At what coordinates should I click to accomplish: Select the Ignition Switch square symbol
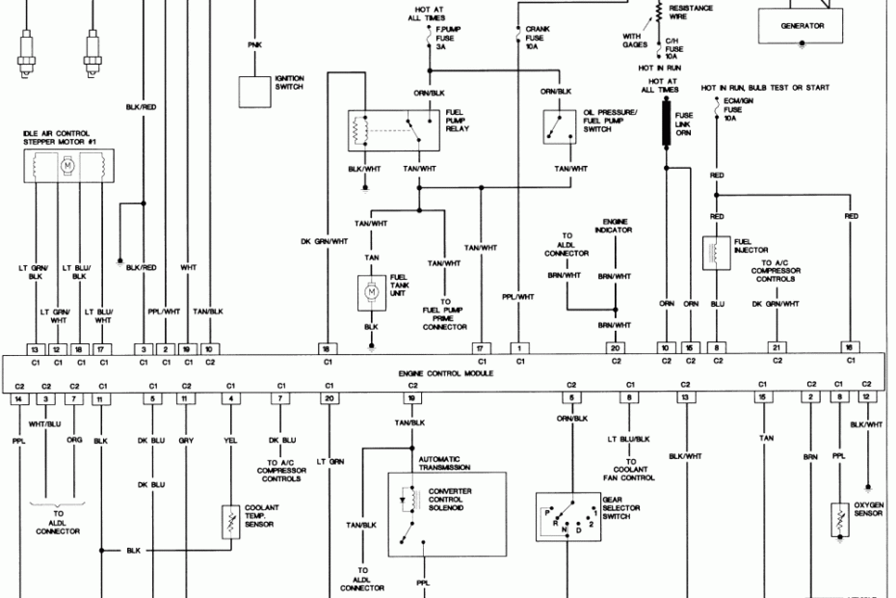(x=255, y=90)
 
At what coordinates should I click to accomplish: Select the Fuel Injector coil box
(x=717, y=252)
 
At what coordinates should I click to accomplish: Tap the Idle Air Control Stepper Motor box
(x=67, y=166)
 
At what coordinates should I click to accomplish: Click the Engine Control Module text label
(x=445, y=372)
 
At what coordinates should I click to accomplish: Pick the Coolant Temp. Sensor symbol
(x=230, y=523)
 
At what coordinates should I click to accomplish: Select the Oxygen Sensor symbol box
(x=841, y=519)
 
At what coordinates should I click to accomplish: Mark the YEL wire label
(x=230, y=439)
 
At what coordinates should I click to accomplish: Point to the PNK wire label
(x=254, y=44)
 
